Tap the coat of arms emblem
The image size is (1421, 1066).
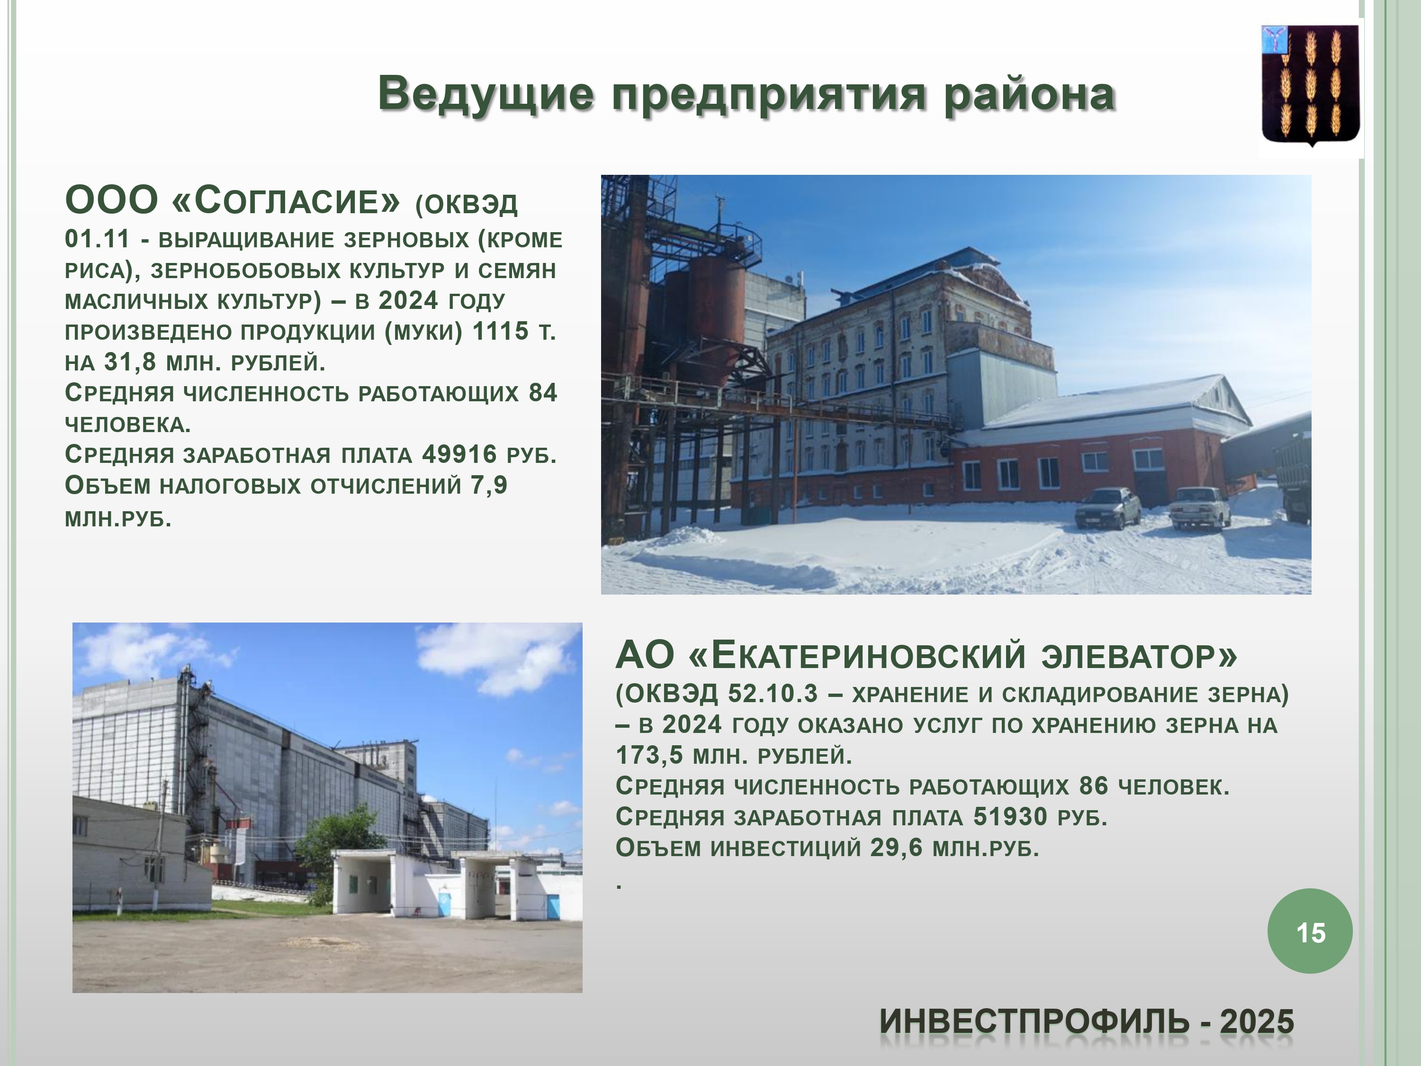(1311, 85)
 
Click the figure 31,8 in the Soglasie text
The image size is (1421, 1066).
(130, 362)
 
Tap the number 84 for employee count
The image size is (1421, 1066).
(543, 393)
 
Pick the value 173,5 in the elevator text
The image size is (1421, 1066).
(649, 756)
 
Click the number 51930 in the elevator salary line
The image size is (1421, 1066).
(1010, 817)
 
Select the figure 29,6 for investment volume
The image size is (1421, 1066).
(896, 848)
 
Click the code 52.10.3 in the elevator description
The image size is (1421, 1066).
(773, 693)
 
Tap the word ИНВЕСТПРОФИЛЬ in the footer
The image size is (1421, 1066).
(1034, 1021)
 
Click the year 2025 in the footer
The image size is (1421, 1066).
(1257, 1021)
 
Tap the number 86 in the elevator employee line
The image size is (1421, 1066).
(1094, 786)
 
